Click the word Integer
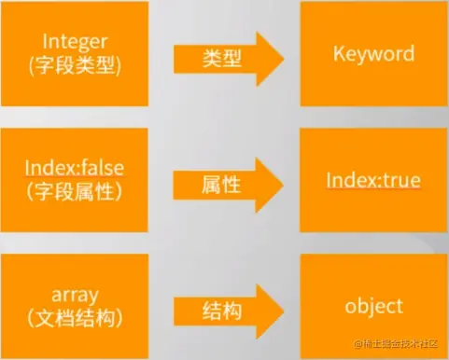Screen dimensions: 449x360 click(x=75, y=42)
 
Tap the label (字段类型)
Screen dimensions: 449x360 click(x=75, y=65)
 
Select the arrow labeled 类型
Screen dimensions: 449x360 click(x=229, y=59)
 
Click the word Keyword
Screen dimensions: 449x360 click(x=373, y=54)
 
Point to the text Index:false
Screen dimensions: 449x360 click(x=75, y=167)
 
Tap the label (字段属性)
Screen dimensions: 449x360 click(x=75, y=191)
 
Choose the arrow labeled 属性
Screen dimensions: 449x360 click(x=229, y=186)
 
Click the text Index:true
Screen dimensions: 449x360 click(x=373, y=180)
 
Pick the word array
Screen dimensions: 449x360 click(x=75, y=295)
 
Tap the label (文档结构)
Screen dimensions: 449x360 click(x=75, y=318)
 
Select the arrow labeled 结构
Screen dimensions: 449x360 click(x=229, y=312)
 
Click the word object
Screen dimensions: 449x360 click(x=373, y=307)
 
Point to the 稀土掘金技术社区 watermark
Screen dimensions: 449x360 click(x=396, y=343)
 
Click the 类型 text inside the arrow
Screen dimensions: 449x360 click(x=222, y=59)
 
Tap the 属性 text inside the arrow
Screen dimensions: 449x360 click(x=221, y=185)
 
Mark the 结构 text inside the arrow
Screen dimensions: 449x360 click(x=222, y=312)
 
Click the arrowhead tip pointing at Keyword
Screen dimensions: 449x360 click(x=284, y=59)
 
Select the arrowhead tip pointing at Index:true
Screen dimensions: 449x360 click(x=283, y=186)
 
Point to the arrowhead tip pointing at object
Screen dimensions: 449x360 click(x=284, y=312)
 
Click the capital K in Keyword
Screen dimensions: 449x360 click(x=339, y=53)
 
